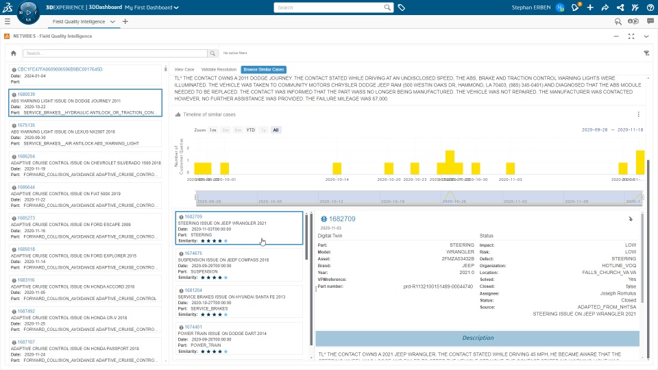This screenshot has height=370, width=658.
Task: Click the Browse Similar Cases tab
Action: pos(264,69)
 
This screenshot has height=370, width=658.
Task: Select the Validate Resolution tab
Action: pos(219,69)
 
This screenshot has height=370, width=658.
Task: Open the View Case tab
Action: pos(184,69)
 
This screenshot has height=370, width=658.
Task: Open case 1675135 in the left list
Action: pos(26,125)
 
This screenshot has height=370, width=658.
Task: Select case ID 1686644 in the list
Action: pos(26,187)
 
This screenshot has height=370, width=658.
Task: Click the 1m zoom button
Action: pos(213,129)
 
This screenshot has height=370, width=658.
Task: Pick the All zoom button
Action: pos(276,129)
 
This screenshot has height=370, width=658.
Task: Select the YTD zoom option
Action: pos(251,129)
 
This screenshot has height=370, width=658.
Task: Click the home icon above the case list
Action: pos(14,53)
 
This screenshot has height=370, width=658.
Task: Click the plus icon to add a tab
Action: pos(125,21)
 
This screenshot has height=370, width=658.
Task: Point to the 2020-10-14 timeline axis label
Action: pos(337,180)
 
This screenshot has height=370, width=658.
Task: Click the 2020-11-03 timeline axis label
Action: pos(510,180)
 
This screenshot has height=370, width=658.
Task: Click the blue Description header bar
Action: pos(478,338)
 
